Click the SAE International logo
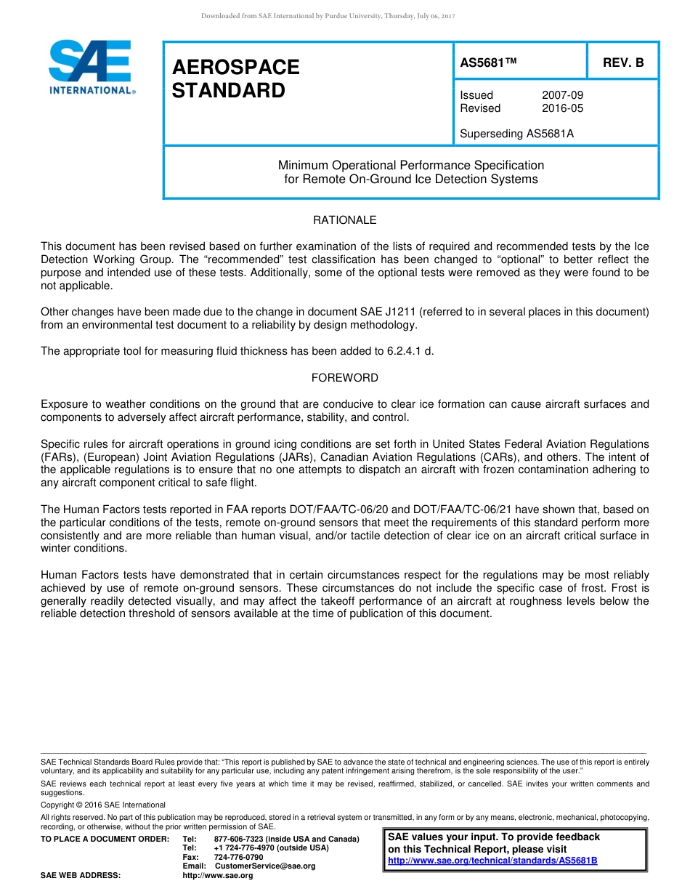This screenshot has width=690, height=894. click(90, 67)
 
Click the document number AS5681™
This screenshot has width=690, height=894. click(488, 63)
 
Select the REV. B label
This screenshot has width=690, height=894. click(623, 63)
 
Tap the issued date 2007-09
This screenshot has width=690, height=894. click(562, 95)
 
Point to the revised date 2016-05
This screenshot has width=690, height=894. click(562, 108)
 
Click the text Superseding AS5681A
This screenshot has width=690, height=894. click(516, 133)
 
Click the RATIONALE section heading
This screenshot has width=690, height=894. click(344, 220)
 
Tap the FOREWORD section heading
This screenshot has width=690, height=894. click(344, 378)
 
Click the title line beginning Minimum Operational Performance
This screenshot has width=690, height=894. click(410, 165)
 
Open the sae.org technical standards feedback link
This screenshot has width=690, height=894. click(492, 861)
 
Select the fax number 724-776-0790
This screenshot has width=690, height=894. click(238, 858)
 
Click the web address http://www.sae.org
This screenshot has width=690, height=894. click(217, 876)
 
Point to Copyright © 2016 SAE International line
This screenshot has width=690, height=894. click(103, 805)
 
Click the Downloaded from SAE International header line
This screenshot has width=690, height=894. click(328, 15)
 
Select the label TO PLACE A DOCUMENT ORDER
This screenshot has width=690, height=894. click(105, 839)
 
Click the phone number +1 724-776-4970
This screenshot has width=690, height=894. click(245, 848)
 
